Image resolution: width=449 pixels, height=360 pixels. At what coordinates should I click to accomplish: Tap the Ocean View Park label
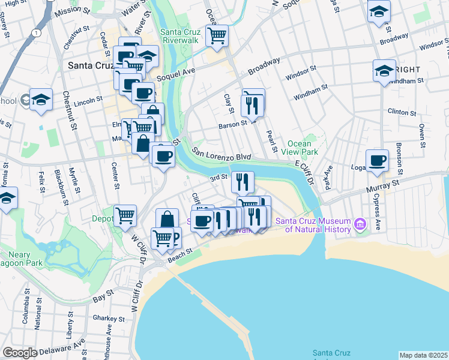click(x=299, y=148)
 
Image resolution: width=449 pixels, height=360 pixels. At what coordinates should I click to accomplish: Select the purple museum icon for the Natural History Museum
click(x=360, y=224)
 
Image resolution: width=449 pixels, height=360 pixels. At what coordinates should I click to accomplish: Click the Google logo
click(x=20, y=353)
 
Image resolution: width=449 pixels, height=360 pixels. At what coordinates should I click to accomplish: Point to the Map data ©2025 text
click(x=424, y=355)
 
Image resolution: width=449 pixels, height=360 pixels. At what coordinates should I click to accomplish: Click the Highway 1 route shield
click(x=38, y=32)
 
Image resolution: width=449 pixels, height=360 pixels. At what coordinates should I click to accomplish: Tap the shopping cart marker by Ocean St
click(x=217, y=35)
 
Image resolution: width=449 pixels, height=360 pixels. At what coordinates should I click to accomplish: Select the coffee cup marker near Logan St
click(x=377, y=161)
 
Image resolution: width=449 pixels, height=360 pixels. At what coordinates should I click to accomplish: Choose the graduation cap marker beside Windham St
click(x=384, y=71)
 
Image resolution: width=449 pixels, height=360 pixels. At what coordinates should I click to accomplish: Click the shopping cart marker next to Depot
click(x=125, y=215)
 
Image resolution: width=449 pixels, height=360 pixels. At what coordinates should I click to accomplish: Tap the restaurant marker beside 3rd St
click(x=243, y=181)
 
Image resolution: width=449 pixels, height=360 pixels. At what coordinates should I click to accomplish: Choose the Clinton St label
click(x=402, y=112)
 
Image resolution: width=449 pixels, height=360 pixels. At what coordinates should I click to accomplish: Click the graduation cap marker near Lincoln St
click(x=41, y=100)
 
